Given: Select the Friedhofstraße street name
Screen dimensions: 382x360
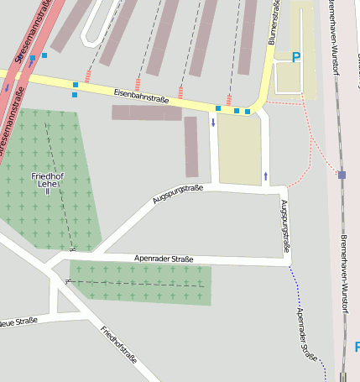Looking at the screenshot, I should click(x=118, y=347).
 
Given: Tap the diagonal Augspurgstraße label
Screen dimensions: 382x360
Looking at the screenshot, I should click(x=178, y=194).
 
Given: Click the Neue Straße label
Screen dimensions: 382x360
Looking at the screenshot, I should click(x=17, y=322).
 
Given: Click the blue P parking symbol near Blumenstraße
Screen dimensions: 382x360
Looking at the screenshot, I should click(x=295, y=57).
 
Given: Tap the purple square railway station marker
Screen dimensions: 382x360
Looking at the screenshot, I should click(x=342, y=175).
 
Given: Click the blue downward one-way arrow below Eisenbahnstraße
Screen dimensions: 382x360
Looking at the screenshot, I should click(x=213, y=123).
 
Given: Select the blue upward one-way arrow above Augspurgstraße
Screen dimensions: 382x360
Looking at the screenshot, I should click(x=266, y=175).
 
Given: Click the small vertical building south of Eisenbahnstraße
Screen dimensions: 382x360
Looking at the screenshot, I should click(x=191, y=147).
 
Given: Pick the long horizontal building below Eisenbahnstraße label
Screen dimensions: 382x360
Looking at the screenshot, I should click(x=147, y=113).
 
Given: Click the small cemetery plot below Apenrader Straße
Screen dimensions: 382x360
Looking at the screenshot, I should click(x=139, y=283).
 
